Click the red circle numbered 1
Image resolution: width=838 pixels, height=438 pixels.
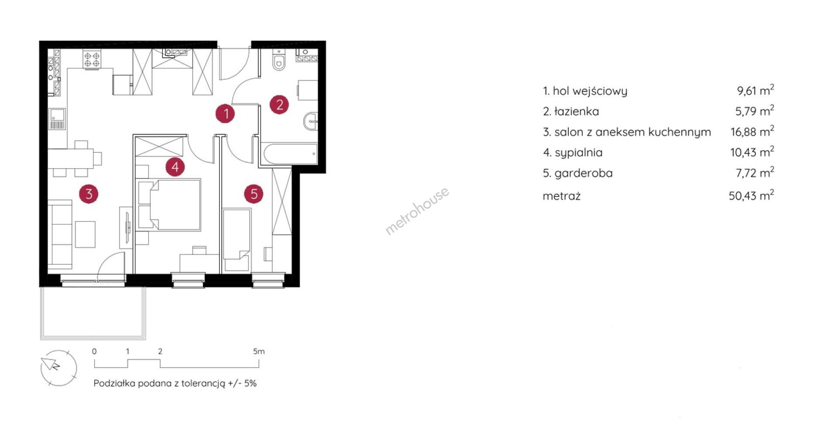tap(226, 114)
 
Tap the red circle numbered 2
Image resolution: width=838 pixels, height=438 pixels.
tap(279, 105)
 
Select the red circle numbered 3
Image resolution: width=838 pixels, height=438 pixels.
tap(89, 193)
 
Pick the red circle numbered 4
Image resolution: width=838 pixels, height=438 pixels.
tap(175, 167)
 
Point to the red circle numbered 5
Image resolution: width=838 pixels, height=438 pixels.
tap(254, 194)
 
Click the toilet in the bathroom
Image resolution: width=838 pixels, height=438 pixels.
tap(278, 60)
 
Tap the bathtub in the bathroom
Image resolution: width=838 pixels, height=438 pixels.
tap(290, 154)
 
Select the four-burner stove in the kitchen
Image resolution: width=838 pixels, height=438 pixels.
tap(92, 59)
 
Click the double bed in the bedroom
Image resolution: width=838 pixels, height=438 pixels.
tap(169, 205)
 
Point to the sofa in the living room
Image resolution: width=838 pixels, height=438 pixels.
tap(60, 234)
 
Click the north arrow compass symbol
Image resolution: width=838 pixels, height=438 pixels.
tap(58, 368)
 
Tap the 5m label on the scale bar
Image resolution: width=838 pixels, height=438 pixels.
tap(259, 351)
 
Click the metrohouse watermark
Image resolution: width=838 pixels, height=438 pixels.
tap(417, 211)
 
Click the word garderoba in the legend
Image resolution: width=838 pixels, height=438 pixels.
tap(584, 173)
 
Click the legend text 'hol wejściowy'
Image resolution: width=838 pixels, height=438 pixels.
tap(590, 91)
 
